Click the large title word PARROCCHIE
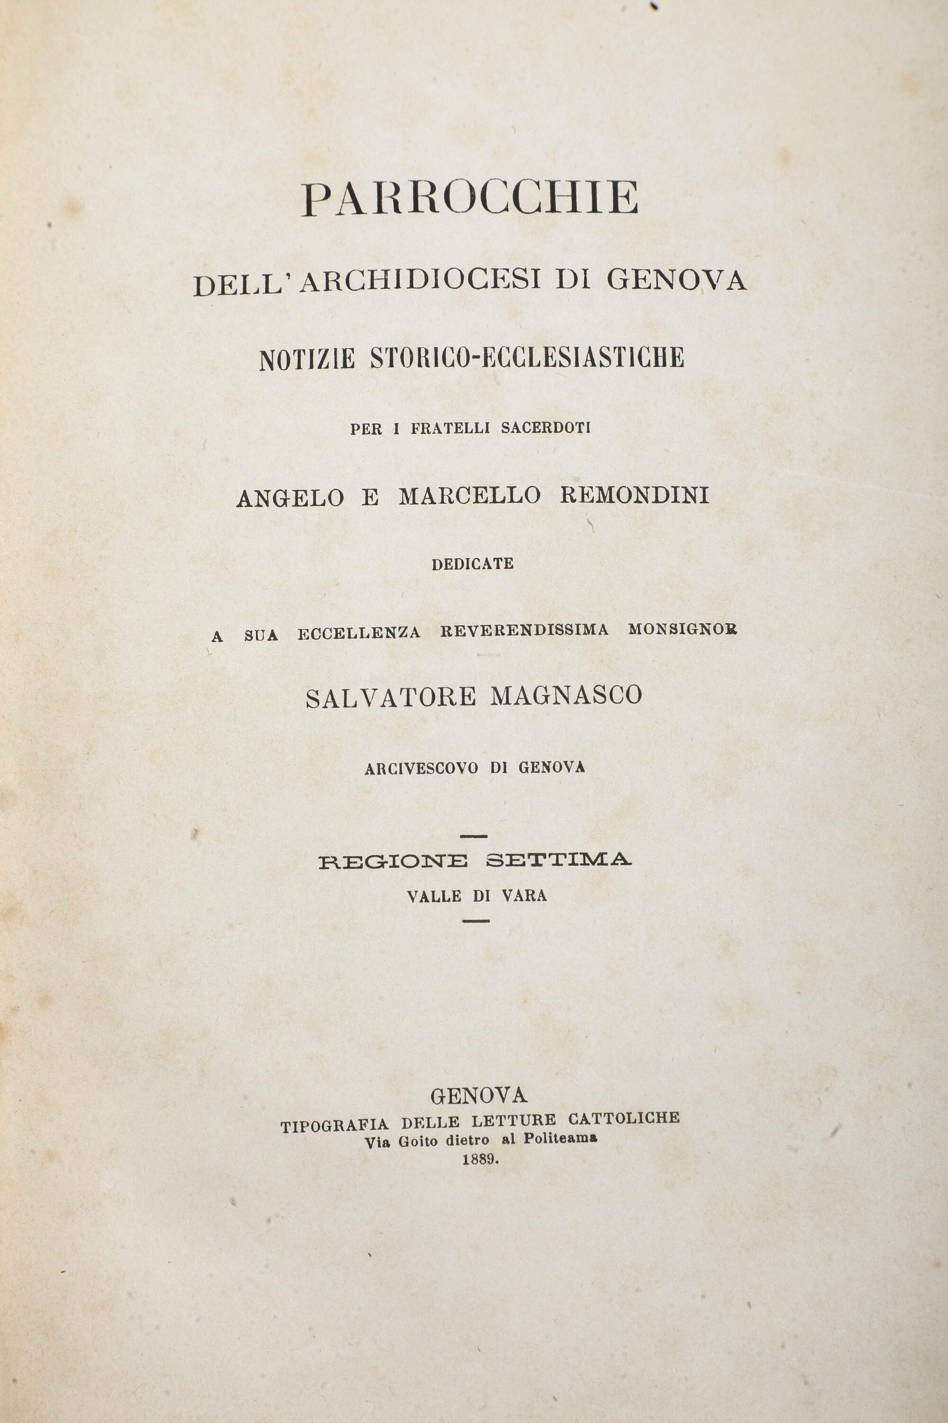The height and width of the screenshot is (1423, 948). (470, 198)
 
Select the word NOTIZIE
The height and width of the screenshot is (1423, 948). (307, 359)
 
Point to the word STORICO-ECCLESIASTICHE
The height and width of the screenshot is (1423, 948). (527, 358)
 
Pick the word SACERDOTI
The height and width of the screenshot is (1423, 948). (546, 428)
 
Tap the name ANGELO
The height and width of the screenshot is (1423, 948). (290, 497)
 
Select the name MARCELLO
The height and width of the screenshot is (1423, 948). (470, 496)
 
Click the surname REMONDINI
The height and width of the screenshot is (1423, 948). (634, 496)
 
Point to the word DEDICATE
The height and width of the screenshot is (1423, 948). (473, 564)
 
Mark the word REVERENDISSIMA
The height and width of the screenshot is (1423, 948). (524, 630)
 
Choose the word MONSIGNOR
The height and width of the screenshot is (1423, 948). (683, 629)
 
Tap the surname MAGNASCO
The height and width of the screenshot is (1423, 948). (566, 696)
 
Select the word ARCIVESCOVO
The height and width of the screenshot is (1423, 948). (422, 768)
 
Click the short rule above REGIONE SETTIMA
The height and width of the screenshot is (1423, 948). (474, 837)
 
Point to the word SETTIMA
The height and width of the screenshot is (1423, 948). (559, 860)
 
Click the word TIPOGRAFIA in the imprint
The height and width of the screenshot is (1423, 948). (334, 1125)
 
